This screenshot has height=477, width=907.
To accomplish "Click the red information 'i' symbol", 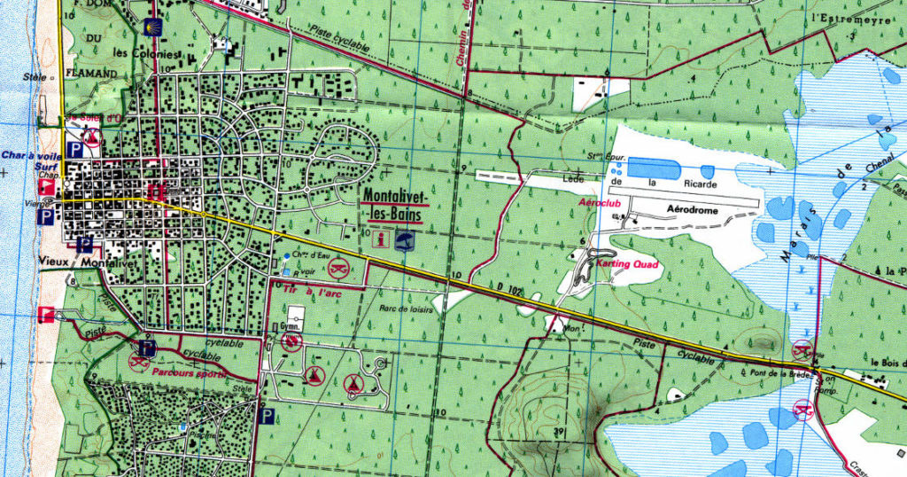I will (x=381, y=239).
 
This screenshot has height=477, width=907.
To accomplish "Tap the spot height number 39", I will (x=560, y=431).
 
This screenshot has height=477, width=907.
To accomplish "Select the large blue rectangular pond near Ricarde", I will (x=657, y=167).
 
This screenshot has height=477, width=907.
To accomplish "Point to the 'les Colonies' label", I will (x=158, y=52).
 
